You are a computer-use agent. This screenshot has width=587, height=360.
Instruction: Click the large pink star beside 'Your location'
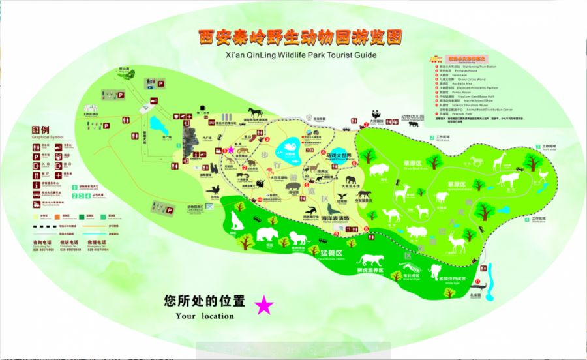[263, 306]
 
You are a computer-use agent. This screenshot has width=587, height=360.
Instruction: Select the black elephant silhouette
[351, 179]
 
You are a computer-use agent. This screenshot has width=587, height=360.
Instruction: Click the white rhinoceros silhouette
[416, 232]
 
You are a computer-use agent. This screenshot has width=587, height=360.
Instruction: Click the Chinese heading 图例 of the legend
[40, 130]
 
